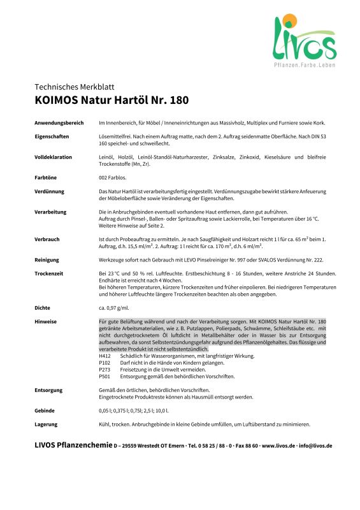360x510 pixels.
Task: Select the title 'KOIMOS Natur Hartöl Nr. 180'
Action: coord(112,100)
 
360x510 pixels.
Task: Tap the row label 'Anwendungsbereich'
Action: coord(57,121)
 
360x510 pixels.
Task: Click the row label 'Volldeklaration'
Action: coord(53,156)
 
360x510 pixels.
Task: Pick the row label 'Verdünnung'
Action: coord(49,191)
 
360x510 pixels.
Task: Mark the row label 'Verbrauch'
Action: coord(47,238)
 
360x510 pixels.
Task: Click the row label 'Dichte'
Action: coord(43,307)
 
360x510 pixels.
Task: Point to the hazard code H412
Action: coord(105,356)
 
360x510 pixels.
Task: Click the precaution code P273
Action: coord(105,370)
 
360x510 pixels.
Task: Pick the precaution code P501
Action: coord(105,376)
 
